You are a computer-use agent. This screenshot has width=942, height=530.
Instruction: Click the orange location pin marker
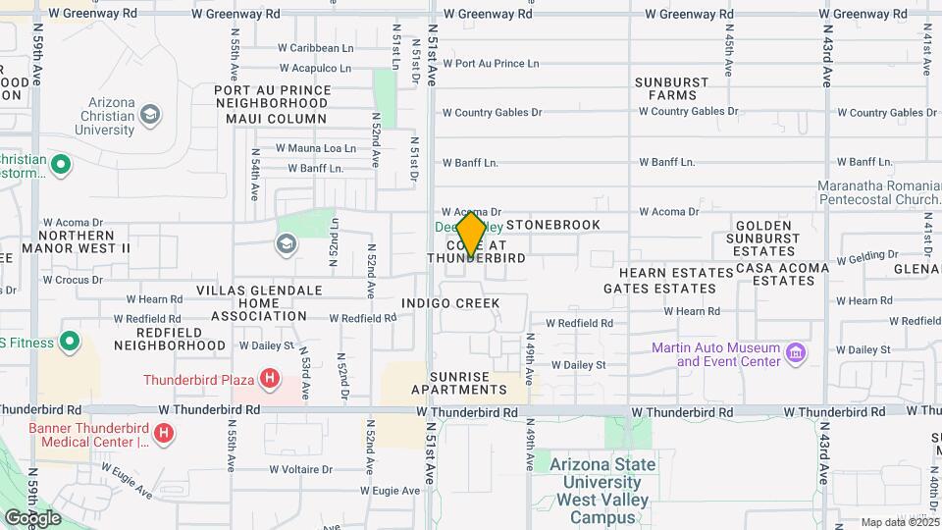pos(471,234)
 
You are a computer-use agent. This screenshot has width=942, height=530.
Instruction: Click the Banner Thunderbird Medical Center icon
pos(164,432)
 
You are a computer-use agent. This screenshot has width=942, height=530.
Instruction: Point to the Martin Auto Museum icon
pos(796,351)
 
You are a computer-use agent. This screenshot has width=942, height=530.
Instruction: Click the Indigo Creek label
pos(450,303)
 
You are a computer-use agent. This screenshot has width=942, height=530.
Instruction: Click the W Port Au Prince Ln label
pos(491,64)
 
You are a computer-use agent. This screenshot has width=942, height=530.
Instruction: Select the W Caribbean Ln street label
pos(315,47)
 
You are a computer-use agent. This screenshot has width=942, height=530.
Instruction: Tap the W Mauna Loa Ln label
pos(315,148)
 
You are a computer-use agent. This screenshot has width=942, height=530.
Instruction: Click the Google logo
pos(31,517)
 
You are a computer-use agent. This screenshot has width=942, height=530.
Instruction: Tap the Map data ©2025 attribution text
pos(898,522)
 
